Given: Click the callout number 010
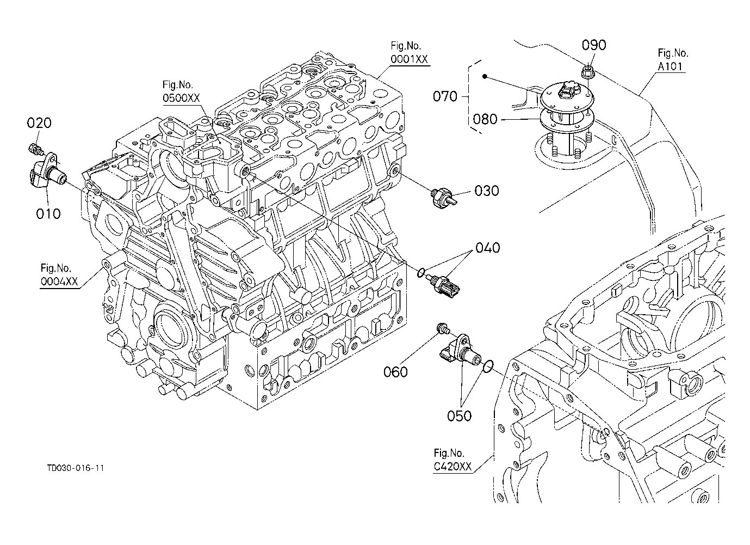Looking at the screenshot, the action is point(48,213).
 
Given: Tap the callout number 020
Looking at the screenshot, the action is point(39,123).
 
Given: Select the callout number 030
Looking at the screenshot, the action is point(487,191).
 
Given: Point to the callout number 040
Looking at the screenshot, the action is point(487,248).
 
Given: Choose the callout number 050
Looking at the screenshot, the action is point(459,416).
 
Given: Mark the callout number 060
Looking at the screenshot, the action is point(395,372).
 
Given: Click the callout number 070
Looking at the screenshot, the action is point(445,96).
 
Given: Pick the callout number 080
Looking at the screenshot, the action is point(485,119).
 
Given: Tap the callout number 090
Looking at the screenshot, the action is point(594,45).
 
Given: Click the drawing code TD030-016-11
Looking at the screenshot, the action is point(76,468).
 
